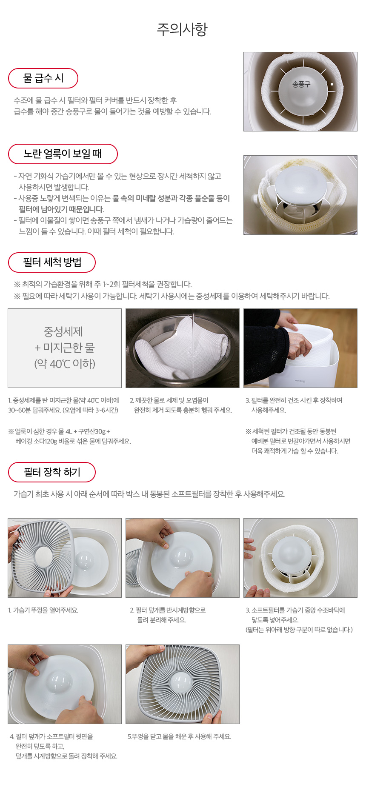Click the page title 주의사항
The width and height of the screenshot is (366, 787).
[x=182, y=29]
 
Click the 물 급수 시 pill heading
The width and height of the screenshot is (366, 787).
[x=43, y=78]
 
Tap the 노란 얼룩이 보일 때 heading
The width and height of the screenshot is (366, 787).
[x=63, y=154]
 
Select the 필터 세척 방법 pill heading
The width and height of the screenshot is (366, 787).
[x=52, y=262]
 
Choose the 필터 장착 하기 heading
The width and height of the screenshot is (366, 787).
[x=52, y=472]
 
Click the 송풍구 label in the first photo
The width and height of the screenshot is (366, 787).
[x=301, y=84]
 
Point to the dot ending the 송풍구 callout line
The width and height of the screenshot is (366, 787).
[x=332, y=84]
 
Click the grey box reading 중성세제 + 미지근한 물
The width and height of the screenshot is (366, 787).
[x=65, y=348]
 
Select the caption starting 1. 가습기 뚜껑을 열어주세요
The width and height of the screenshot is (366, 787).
[x=43, y=610]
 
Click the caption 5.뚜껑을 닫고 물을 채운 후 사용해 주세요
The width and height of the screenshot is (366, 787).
[x=179, y=736]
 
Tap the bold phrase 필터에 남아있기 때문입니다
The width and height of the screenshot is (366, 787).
[x=61, y=209]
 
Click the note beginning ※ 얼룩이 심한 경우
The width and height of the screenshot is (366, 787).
[x=69, y=436]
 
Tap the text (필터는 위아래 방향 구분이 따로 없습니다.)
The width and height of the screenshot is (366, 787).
[x=299, y=630]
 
